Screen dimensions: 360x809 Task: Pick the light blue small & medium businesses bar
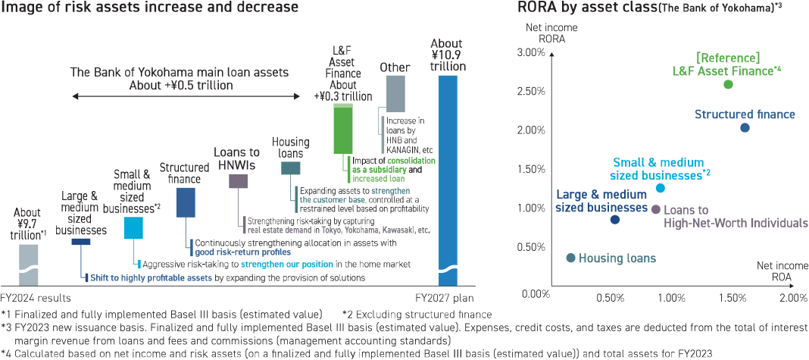[x=133, y=227]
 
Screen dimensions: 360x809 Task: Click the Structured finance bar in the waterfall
[x=185, y=202]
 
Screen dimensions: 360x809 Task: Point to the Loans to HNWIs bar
[x=238, y=180]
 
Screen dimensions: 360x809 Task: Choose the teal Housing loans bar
[x=290, y=169]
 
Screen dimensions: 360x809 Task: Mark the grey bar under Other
[x=395, y=93]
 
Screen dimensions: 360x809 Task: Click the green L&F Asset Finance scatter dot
[x=728, y=84]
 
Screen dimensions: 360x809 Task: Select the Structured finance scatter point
[x=745, y=127]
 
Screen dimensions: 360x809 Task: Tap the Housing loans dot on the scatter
[x=570, y=258]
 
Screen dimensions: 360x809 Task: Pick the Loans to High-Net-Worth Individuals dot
[x=656, y=209]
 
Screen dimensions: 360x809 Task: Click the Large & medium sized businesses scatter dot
[x=614, y=220]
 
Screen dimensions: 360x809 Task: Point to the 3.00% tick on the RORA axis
[x=530, y=52]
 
